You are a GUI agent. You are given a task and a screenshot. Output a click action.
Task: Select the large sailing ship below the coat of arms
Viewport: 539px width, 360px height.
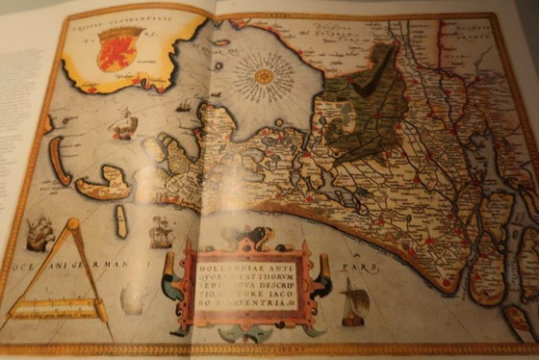pos(125,123)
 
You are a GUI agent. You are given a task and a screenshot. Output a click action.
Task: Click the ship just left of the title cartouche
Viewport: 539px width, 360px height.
pos(160,232)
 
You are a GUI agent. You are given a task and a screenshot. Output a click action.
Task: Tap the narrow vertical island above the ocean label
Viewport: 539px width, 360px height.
pos(121,222)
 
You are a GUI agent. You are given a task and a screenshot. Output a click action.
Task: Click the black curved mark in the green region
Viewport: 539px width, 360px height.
pos(370,84)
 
